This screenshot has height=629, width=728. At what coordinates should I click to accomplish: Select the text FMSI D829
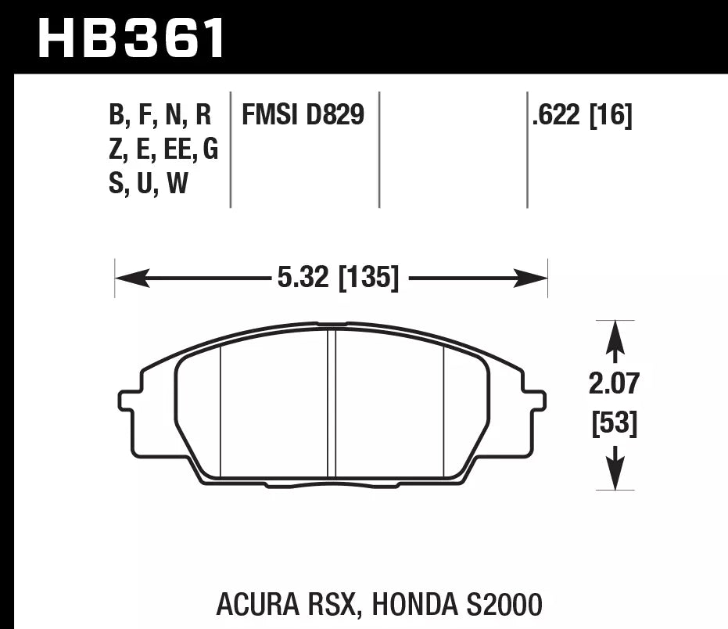(x=303, y=116)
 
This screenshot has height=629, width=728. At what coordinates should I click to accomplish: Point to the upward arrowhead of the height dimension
(x=615, y=335)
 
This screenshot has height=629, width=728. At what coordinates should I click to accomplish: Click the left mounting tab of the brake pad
(x=130, y=400)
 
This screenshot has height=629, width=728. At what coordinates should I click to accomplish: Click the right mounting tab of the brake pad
(x=534, y=400)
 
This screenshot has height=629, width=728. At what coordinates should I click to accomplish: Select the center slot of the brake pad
(x=331, y=403)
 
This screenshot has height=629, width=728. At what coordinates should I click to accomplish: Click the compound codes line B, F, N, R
(x=160, y=116)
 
